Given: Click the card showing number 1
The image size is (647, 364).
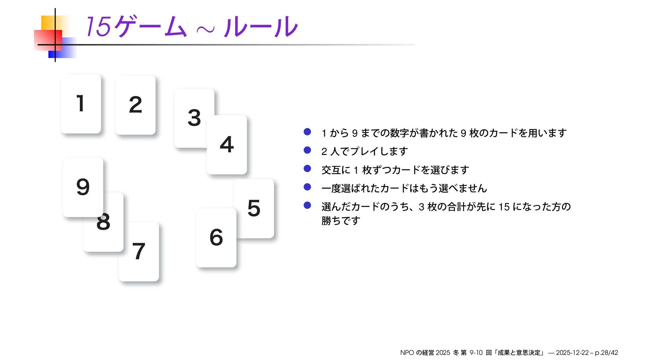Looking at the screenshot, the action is click(x=81, y=104).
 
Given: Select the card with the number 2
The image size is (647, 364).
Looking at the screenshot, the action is click(x=135, y=105).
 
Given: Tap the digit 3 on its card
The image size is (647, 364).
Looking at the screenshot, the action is click(x=194, y=118).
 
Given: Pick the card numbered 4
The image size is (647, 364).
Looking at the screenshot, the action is click(x=226, y=144).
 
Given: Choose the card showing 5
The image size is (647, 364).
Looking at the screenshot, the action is click(x=254, y=208).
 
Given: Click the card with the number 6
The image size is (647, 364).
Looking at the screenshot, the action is click(x=216, y=237).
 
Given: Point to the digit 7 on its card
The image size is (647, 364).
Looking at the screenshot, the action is click(x=138, y=252).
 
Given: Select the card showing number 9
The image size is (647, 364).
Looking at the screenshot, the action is click(x=83, y=187).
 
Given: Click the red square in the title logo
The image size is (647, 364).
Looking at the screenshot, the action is click(x=48, y=40).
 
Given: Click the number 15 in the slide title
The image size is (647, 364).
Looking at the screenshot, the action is click(x=98, y=27).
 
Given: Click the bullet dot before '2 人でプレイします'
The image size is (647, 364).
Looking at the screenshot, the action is click(x=307, y=150).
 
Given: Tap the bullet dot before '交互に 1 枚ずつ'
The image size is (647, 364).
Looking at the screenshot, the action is click(x=307, y=168).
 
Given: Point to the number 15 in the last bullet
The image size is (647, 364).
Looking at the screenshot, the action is click(x=504, y=207).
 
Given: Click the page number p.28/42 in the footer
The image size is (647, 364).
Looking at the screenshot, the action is click(x=606, y=353).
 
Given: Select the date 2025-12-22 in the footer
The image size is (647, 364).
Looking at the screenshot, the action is click(x=572, y=353).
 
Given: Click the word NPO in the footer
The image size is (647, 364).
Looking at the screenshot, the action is click(x=407, y=353).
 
